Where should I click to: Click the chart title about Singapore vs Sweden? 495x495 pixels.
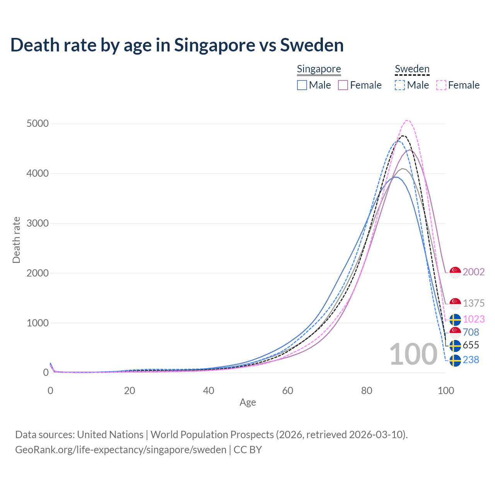[177, 45]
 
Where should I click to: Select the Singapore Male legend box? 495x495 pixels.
[302, 85]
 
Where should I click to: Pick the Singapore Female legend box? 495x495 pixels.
[343, 85]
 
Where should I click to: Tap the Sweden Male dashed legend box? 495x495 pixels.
[400, 85]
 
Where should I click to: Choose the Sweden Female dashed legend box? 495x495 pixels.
[441, 85]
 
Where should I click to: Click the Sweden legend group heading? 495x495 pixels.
[412, 69]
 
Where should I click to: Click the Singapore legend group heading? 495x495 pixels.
[319, 69]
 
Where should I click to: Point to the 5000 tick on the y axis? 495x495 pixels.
[38, 124]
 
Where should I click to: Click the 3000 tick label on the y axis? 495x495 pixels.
[38, 223]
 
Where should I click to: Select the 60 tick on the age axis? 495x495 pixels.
[288, 391]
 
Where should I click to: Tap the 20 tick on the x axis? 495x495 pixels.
[130, 391]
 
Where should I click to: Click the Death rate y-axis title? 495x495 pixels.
[16, 240]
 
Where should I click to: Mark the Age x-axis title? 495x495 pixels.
[247, 403]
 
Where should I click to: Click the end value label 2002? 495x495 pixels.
[473, 272]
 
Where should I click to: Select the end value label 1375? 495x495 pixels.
[473, 303]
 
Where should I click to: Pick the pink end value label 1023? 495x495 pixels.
[473, 319]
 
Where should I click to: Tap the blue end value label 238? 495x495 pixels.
[471, 360]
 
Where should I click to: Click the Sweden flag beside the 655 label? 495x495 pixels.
[455, 345]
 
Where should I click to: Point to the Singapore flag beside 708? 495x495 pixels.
[455, 332]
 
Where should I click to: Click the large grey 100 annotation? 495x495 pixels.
[413, 354]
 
